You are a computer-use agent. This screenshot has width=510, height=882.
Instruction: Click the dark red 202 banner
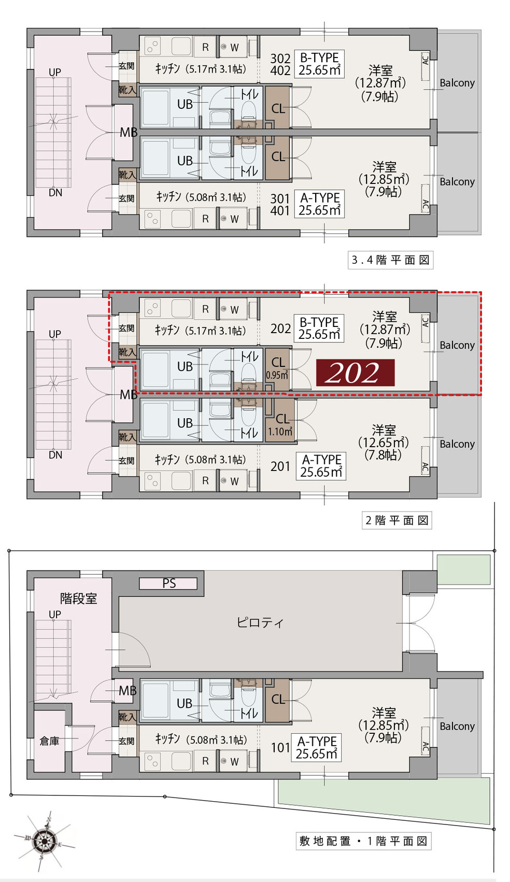click(355, 372)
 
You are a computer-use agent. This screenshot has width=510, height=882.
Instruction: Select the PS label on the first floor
click(169, 583)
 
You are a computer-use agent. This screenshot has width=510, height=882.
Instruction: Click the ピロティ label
click(260, 622)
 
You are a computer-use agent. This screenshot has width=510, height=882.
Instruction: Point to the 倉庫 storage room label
click(49, 741)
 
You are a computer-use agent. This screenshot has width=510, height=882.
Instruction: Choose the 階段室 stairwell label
click(78, 599)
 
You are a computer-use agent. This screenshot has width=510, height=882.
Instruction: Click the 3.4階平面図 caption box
click(391, 260)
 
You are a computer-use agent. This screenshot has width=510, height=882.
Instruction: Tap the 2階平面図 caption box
click(397, 520)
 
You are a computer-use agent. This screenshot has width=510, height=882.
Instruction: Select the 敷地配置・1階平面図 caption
click(363, 841)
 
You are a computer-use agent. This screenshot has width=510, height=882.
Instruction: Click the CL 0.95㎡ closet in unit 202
click(277, 368)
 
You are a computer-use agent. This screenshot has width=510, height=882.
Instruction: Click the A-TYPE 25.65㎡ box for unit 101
click(316, 747)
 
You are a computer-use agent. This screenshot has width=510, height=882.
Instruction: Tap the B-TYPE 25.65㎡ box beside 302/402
click(319, 64)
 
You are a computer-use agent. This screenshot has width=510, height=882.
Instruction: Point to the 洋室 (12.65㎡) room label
click(383, 443)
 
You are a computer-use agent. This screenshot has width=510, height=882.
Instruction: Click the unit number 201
click(280, 466)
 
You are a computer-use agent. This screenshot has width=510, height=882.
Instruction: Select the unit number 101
click(280, 747)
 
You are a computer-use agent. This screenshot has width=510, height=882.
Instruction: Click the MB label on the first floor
click(127, 690)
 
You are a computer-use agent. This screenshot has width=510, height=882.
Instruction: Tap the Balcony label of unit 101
click(457, 725)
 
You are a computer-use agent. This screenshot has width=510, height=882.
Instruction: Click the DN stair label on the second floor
click(55, 455)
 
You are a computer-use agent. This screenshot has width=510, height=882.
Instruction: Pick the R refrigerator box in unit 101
click(205, 761)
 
